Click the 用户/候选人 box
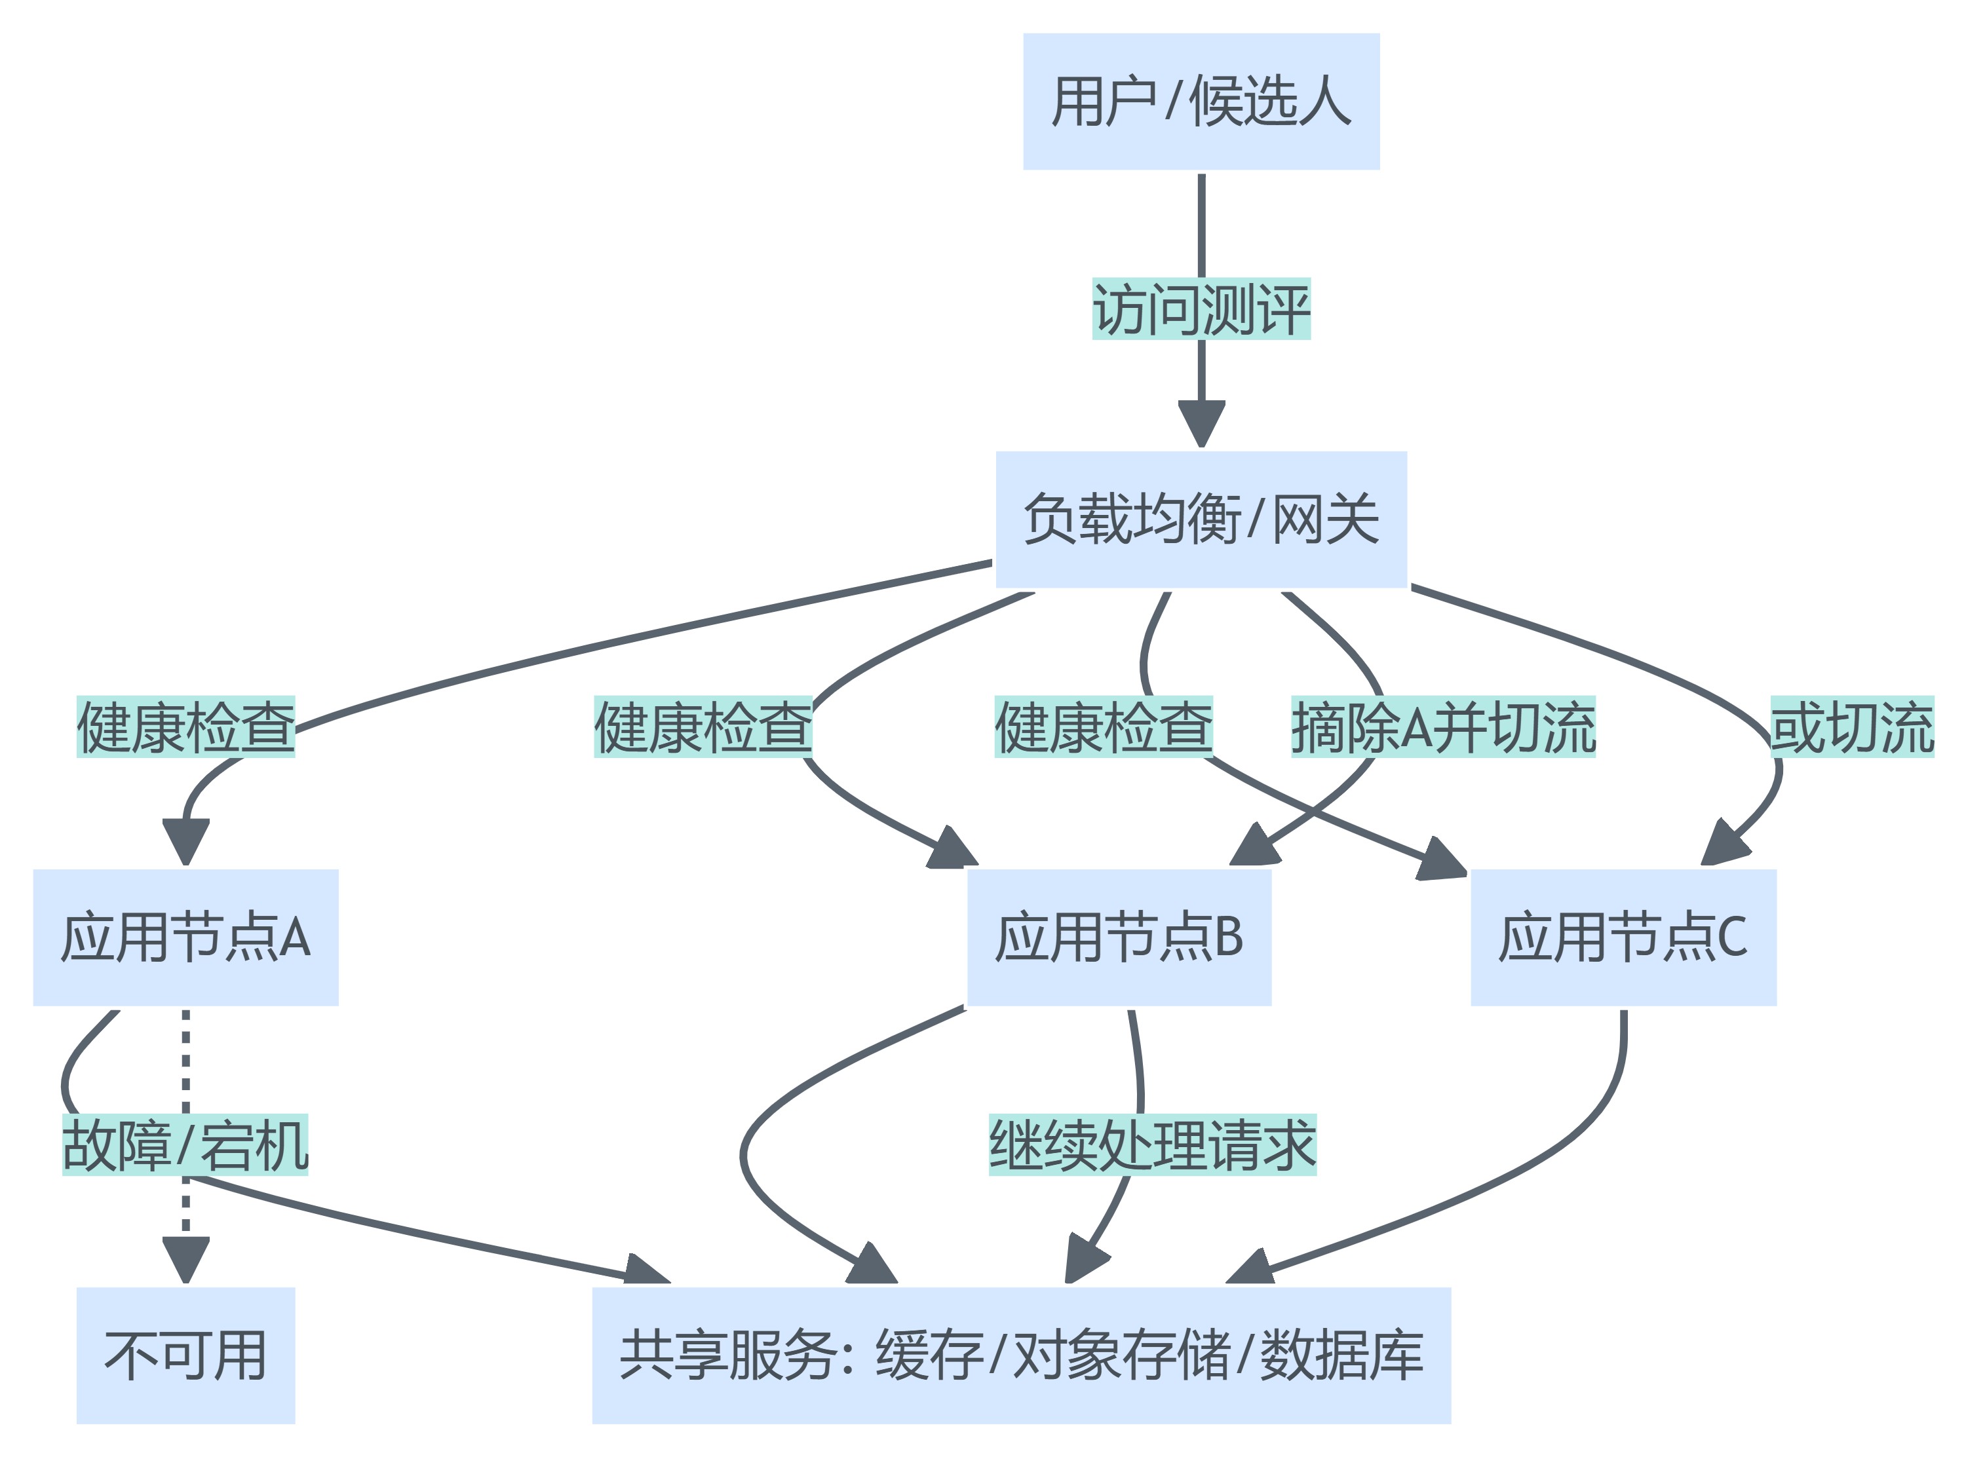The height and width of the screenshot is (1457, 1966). coord(1201,102)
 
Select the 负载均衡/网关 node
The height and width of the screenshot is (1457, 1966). coord(1201,519)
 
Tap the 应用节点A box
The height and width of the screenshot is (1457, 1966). coord(185,937)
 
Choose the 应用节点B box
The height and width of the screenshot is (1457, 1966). coord(1119,937)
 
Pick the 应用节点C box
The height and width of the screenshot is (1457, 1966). coord(1623,937)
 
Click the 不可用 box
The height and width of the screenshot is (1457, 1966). coord(185,1355)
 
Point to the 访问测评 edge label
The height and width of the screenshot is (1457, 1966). coord(1201,309)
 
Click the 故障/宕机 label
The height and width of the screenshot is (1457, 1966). coord(185,1145)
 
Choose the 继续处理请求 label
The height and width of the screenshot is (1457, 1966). coord(1152,1145)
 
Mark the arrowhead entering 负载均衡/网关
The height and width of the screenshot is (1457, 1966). coord(1201,423)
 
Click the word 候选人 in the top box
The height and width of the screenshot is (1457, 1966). coord(1270,102)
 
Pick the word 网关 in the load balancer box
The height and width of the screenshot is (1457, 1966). coord(1325,519)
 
